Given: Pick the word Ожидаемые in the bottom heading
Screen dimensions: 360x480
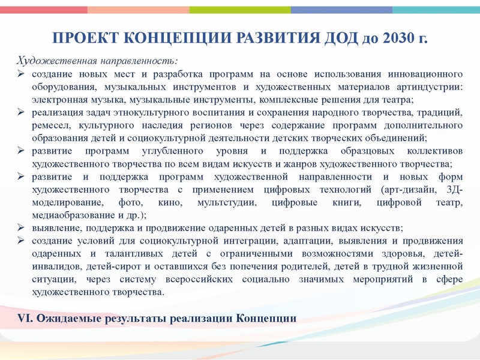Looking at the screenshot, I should tap(65, 318).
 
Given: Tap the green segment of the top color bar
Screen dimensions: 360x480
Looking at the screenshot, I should tap(240, 10).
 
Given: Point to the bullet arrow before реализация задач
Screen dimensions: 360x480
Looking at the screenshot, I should tap(20, 112).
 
